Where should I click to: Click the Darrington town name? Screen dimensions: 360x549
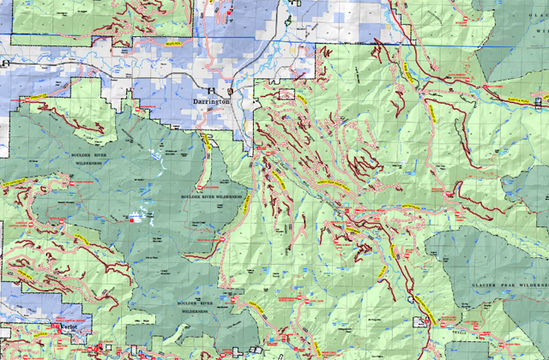(x=211, y=101)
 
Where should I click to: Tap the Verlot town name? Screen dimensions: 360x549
(x=69, y=328)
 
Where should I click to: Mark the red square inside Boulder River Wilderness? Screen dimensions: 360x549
(x=132, y=219)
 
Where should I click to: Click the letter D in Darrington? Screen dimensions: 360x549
(x=193, y=101)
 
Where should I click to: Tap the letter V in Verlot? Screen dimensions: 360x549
(x=59, y=328)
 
